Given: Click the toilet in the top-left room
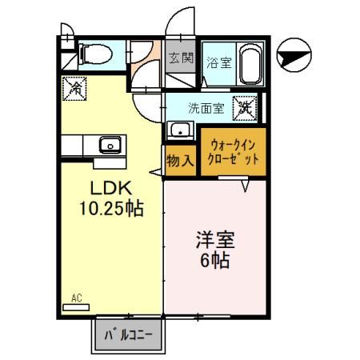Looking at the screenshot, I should coord(96,54).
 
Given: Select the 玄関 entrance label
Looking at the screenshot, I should coord(181,58).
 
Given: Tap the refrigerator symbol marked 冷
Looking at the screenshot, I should coord(73,85).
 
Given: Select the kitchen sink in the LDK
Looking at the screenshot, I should coord(107,145).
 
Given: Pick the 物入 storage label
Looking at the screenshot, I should coord(179,160).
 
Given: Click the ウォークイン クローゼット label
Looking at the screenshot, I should coord(234,151).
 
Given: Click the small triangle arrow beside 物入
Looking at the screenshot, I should coord(154,173).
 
